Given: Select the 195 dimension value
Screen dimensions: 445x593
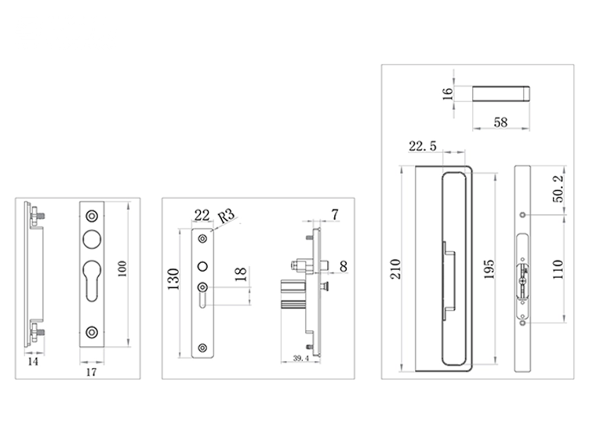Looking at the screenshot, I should tap(489, 269).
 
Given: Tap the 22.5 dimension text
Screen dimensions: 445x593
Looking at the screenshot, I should tap(423, 145).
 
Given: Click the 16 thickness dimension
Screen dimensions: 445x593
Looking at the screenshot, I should tap(448, 93).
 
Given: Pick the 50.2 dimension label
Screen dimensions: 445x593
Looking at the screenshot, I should tap(558, 191).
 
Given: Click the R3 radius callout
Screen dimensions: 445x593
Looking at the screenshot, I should tap(225, 217).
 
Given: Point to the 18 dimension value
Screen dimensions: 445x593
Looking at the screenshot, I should tap(241, 275).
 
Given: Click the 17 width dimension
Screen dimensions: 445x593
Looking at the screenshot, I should tap(91, 372).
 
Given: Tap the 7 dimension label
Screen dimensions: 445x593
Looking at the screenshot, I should tap(336, 214).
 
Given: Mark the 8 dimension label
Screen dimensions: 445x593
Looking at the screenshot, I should tap(344, 268).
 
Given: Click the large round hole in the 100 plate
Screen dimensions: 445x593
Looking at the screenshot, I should tap(92, 241).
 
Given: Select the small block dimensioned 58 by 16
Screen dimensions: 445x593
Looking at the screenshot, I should tap(501, 93).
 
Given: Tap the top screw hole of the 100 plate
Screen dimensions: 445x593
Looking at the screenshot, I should tap(92, 214).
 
